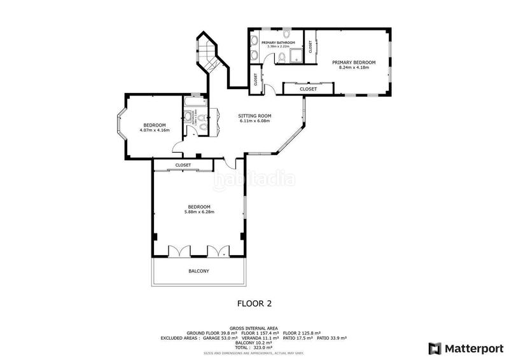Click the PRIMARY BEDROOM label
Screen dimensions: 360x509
tap(354, 62)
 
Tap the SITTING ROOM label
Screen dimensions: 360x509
tap(254, 116)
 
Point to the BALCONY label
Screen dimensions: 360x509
tap(199, 271)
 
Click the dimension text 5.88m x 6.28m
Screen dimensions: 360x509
tap(200, 212)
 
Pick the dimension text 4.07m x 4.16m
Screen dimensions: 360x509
tap(154, 130)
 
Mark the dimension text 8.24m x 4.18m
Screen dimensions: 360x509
tap(354, 67)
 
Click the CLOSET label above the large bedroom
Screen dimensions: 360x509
tap(183, 165)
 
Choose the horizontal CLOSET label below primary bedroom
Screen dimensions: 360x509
tap(308, 89)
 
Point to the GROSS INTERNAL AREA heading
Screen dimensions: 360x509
tap(254, 328)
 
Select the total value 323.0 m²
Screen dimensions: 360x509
tap(263, 347)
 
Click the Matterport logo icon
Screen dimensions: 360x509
tap(435, 348)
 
